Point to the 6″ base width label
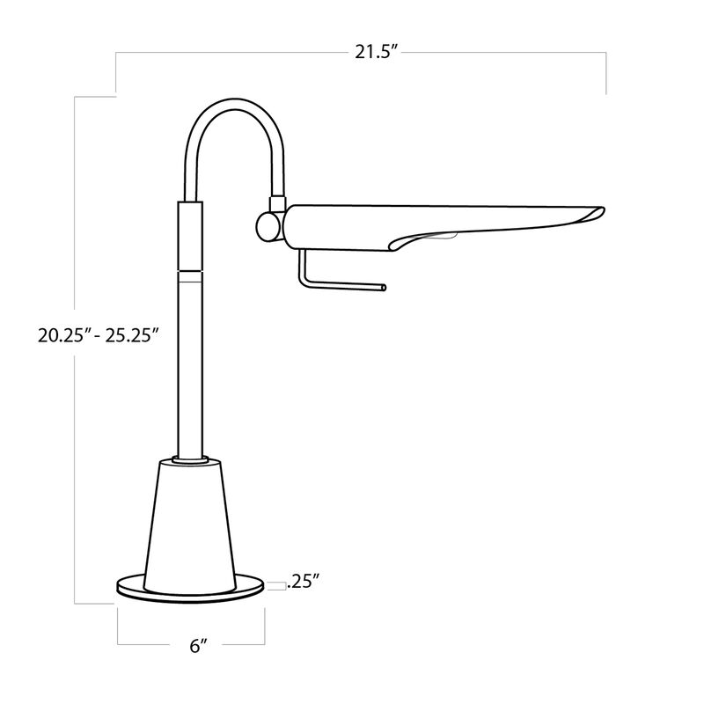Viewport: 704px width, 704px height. click(198, 646)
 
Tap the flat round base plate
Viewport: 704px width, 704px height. click(191, 590)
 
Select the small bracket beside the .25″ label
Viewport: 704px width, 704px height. click(275, 582)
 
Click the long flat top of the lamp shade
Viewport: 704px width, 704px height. click(440, 209)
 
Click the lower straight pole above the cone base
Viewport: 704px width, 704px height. click(190, 370)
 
